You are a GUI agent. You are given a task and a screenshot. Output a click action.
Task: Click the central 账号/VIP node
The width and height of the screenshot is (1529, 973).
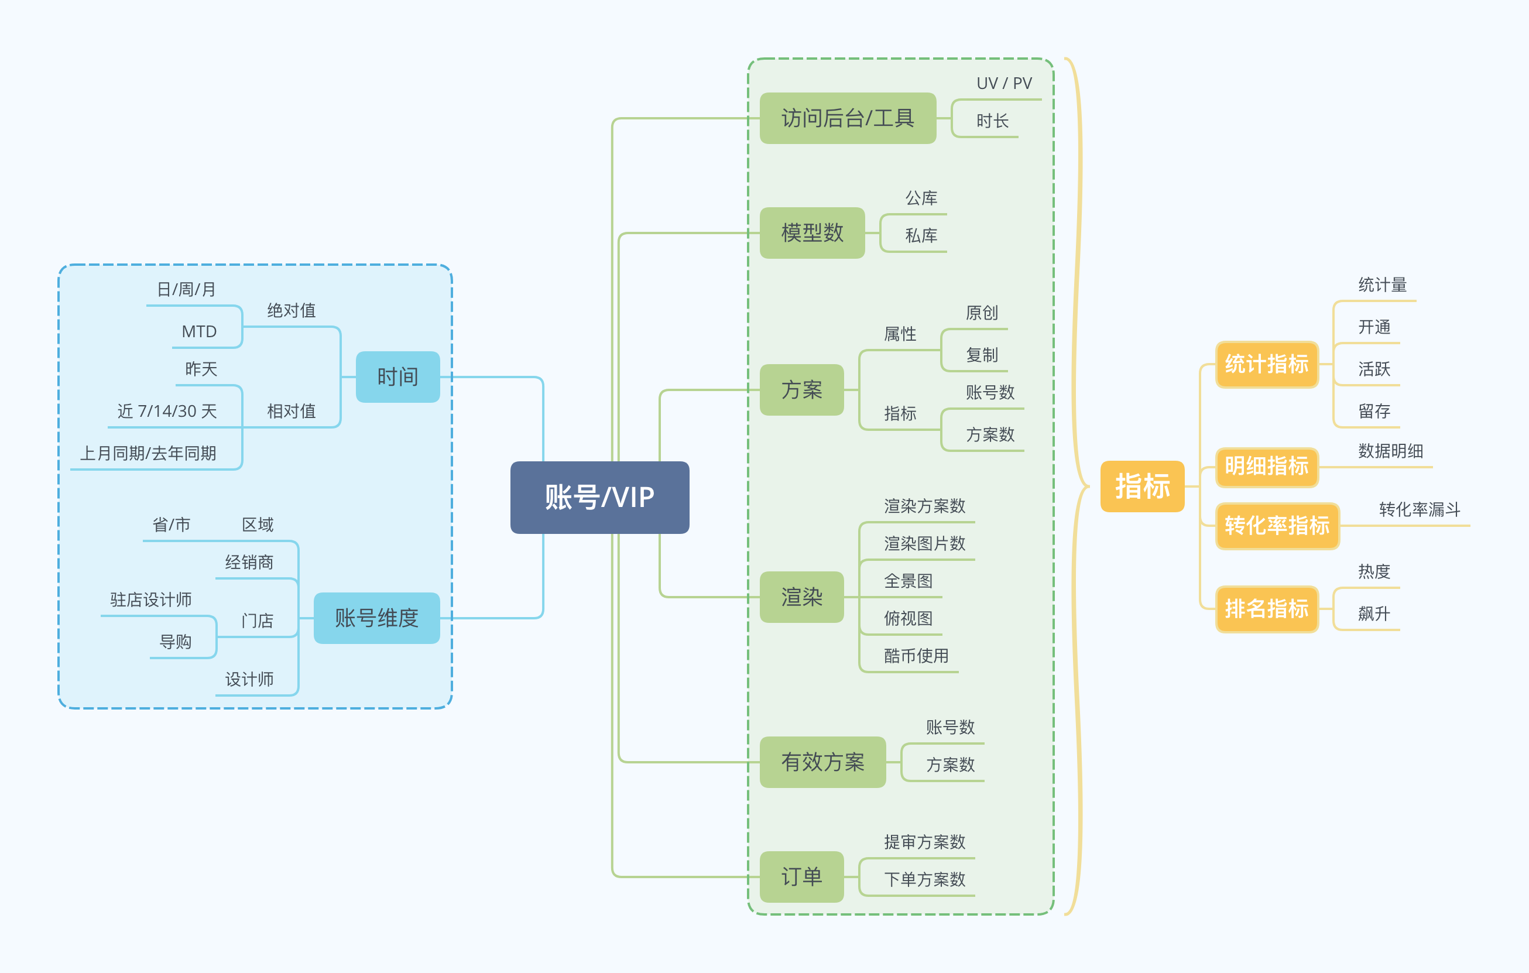[x=599, y=497]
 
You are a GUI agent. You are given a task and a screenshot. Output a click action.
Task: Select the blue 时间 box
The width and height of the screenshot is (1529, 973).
[x=397, y=376]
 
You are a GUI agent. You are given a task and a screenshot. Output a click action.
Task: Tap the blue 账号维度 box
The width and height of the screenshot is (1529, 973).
[x=376, y=618]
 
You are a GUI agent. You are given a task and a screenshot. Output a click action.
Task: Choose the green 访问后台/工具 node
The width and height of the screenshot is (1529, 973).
[x=848, y=118]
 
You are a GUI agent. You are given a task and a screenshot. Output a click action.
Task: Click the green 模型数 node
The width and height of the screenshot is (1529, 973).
[x=812, y=232]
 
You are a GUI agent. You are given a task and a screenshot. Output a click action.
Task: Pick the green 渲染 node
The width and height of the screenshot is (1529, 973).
[x=801, y=597]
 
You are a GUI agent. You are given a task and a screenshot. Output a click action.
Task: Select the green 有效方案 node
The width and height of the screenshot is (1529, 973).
[x=822, y=762]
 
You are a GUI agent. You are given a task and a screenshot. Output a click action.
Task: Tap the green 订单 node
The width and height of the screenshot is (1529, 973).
[x=801, y=876]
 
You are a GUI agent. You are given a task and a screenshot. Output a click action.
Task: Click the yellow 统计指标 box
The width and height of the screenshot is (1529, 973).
[x=1266, y=364]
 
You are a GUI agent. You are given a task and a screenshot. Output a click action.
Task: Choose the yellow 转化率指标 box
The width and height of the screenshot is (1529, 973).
[x=1277, y=525]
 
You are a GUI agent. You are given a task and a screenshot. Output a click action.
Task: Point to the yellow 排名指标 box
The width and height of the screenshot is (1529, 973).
[x=1266, y=608]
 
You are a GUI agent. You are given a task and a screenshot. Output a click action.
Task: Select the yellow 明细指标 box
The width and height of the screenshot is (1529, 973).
[x=1266, y=466]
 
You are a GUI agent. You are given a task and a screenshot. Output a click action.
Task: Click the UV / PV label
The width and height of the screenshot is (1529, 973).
[x=1004, y=83]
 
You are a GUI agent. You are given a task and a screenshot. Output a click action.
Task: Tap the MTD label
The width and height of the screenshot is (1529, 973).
[x=199, y=331]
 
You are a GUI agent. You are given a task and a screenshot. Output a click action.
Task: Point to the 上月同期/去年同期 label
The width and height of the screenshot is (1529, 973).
[x=148, y=453]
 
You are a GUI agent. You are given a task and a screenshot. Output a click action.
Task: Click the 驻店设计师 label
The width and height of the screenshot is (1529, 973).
[x=150, y=599]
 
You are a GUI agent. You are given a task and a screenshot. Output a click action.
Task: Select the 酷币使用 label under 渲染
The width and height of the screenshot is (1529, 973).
[x=916, y=656]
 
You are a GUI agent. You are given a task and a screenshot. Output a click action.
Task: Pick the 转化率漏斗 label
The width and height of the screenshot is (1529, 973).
[x=1419, y=509]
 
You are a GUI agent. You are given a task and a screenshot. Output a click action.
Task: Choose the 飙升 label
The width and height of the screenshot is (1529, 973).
[x=1373, y=614]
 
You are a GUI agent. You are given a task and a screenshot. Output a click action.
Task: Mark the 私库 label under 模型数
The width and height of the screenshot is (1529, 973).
[x=921, y=235]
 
